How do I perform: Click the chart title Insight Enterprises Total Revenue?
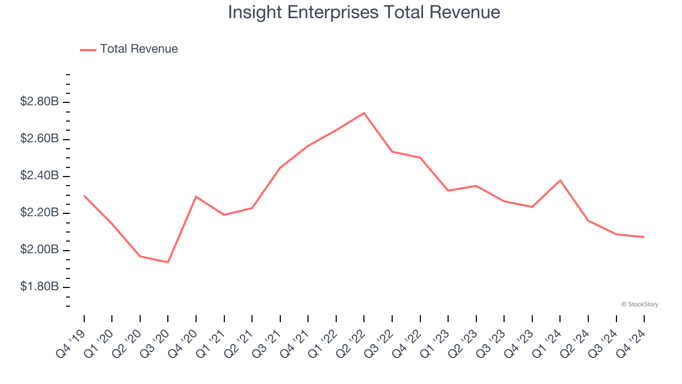(364, 12)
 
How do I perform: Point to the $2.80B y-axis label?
(39, 101)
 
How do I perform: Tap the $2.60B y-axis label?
(39, 139)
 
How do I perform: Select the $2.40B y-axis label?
(39, 175)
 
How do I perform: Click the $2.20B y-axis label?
(39, 213)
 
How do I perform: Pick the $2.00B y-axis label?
(39, 250)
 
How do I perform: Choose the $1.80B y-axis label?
(39, 287)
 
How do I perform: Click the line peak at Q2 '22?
(364, 113)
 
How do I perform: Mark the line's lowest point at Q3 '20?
(168, 262)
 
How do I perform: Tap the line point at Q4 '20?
(196, 197)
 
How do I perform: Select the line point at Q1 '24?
(560, 180)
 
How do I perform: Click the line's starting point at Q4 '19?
(84, 196)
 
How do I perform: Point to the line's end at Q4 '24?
(644, 237)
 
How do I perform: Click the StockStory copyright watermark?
(639, 305)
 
